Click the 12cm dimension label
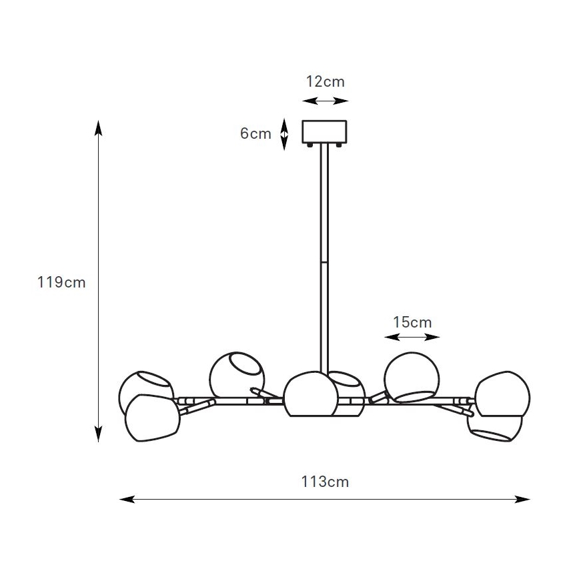coord(325,81)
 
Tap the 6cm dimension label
coord(255,133)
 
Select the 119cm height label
coord(61,282)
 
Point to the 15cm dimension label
coord(412,322)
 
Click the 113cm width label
coord(325,482)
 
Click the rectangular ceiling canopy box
coord(324,132)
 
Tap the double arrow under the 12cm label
coord(325,101)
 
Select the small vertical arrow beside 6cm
coord(284,135)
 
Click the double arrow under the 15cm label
coord(412,337)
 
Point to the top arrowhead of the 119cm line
coord(98,127)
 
